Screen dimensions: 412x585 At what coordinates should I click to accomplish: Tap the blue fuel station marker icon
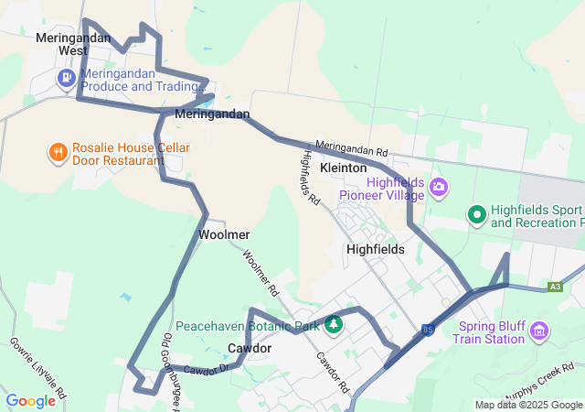click(x=66, y=79)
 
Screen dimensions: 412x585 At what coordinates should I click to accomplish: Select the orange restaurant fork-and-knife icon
click(x=58, y=152)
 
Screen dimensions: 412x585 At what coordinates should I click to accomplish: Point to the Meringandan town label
click(x=211, y=114)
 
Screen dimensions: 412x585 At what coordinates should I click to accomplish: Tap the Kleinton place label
click(x=344, y=168)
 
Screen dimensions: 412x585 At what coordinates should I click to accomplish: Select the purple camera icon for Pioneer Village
click(x=439, y=187)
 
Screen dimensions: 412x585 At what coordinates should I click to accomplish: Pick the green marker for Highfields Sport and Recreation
click(x=475, y=215)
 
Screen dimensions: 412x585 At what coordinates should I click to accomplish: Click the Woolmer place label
click(x=224, y=234)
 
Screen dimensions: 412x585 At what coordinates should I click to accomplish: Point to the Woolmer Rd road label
click(x=261, y=272)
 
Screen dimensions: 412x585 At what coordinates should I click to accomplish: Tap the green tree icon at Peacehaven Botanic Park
click(x=334, y=324)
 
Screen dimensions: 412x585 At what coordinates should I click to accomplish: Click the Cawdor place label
click(x=249, y=349)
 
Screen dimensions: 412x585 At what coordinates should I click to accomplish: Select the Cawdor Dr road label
click(x=204, y=370)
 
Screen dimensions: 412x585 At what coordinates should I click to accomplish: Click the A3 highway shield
click(x=555, y=287)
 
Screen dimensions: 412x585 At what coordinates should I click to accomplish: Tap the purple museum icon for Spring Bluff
click(x=538, y=329)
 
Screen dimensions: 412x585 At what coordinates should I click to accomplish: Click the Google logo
click(x=30, y=401)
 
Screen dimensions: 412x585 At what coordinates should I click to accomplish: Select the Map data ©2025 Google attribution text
click(x=528, y=405)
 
